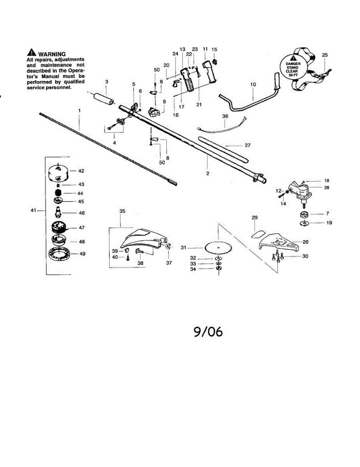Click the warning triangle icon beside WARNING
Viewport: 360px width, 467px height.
(32, 53)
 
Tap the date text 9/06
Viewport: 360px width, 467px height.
(208, 332)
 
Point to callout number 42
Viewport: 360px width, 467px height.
(81, 171)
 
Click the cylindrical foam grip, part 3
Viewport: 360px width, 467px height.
(104, 98)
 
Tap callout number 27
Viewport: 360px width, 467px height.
(248, 145)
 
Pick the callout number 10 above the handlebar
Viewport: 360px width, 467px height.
(253, 84)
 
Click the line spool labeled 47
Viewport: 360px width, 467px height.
(58, 228)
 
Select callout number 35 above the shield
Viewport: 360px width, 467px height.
(122, 211)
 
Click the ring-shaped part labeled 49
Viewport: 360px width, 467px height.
(58, 254)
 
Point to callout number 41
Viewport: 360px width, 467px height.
(33, 210)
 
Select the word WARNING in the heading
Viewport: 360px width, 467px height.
(52, 54)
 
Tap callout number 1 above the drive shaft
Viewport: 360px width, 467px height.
(79, 111)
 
